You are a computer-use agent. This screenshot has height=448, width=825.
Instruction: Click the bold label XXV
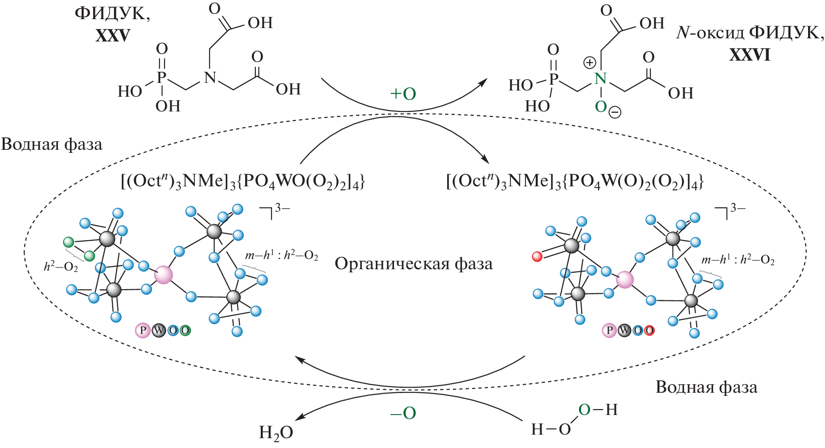113,35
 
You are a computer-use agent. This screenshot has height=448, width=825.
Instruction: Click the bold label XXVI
750,54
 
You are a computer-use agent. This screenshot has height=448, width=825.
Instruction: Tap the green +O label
403,94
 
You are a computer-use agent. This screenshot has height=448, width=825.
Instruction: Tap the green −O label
403,413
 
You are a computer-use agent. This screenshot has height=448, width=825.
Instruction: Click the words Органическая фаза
414,264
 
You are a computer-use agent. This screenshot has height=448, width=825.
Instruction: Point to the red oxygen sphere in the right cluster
538,256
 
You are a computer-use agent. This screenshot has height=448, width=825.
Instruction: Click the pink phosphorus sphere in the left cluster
164,275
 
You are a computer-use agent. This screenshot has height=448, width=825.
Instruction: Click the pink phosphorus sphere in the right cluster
625,280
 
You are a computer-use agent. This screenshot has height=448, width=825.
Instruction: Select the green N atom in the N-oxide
600,79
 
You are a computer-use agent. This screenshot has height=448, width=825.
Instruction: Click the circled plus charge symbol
589,63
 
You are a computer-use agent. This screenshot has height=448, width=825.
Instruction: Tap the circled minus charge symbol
615,113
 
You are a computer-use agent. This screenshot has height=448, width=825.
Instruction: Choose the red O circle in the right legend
649,330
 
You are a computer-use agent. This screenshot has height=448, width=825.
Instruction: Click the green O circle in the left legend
185,330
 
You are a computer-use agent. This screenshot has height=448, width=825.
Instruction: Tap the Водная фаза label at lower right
706,387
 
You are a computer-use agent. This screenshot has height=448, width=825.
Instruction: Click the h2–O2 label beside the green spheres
61,267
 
